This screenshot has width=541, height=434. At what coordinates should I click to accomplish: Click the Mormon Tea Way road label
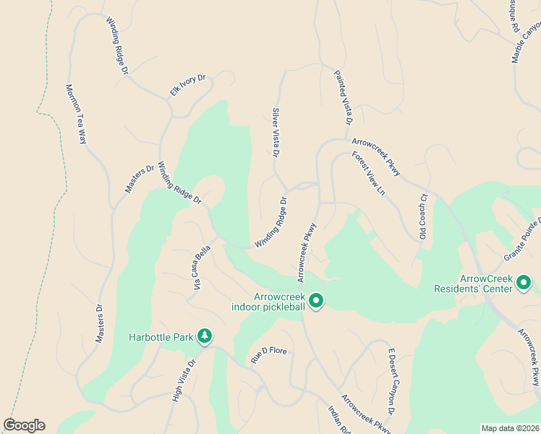pyautogui.click(x=76, y=114)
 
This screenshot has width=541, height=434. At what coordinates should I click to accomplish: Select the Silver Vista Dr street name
pyautogui.click(x=276, y=132)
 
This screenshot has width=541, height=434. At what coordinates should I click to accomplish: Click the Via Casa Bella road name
pyautogui.click(x=200, y=265)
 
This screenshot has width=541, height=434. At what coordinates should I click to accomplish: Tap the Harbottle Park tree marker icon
pyautogui.click(x=205, y=336)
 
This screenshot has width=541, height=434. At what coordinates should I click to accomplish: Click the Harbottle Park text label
pyautogui.click(x=163, y=337)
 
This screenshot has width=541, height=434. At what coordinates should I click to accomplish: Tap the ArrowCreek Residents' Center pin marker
pyautogui.click(x=523, y=283)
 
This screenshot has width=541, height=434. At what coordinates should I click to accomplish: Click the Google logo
pyautogui.click(x=24, y=425)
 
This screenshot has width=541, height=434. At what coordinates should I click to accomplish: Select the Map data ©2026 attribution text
pyautogui.click(x=510, y=428)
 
